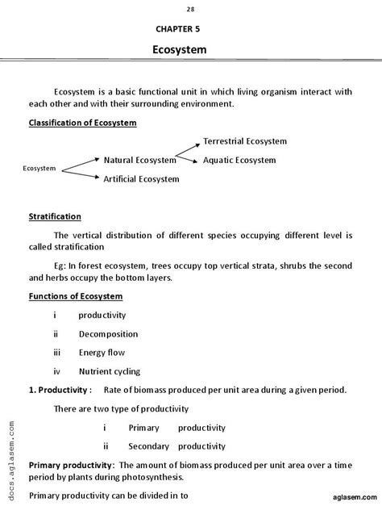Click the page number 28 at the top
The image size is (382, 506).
[x=190, y=9]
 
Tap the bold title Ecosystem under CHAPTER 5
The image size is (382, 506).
[x=180, y=50]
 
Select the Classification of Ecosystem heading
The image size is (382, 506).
[x=83, y=123]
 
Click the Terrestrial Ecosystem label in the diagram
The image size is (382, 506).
[x=245, y=141]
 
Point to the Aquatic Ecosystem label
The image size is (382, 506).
[x=239, y=161]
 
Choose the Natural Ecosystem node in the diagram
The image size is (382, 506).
[x=139, y=161]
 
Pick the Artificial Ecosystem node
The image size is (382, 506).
[x=141, y=179]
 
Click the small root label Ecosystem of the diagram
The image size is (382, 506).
[x=39, y=169]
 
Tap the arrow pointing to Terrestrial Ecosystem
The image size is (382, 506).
[x=188, y=148]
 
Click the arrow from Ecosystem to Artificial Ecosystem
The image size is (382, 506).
[x=80, y=174]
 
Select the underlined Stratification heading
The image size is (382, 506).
[x=55, y=217]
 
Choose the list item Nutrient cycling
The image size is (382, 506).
[x=110, y=372]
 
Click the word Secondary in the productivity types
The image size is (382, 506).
[x=149, y=446]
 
